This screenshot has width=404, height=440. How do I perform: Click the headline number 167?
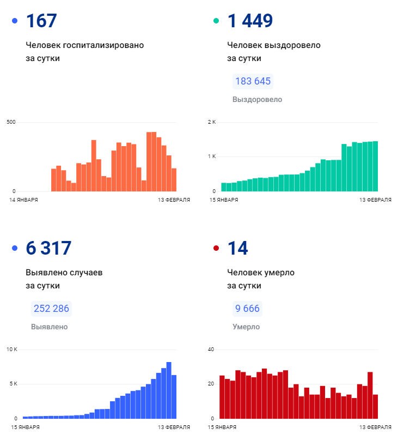41,21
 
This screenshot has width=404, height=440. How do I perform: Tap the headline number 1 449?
250,21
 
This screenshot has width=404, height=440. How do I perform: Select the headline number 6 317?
48,248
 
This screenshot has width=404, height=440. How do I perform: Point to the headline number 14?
237,248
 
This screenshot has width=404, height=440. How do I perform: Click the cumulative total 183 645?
253,81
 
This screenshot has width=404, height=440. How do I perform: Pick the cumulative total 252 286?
51,309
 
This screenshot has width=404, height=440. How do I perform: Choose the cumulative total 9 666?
247,309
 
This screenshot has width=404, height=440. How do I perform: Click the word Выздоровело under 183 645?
257,100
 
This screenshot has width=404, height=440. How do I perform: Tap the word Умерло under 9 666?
246,327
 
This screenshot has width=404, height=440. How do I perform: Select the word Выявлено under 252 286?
50,327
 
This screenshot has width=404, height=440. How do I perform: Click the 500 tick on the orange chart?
11,122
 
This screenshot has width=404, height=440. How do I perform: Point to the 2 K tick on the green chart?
212,122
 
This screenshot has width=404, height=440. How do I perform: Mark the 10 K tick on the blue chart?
12,349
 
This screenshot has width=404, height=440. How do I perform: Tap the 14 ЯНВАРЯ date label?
24,200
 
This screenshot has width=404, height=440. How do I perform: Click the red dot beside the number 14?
216,248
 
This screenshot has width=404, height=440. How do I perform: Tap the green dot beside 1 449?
216,21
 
